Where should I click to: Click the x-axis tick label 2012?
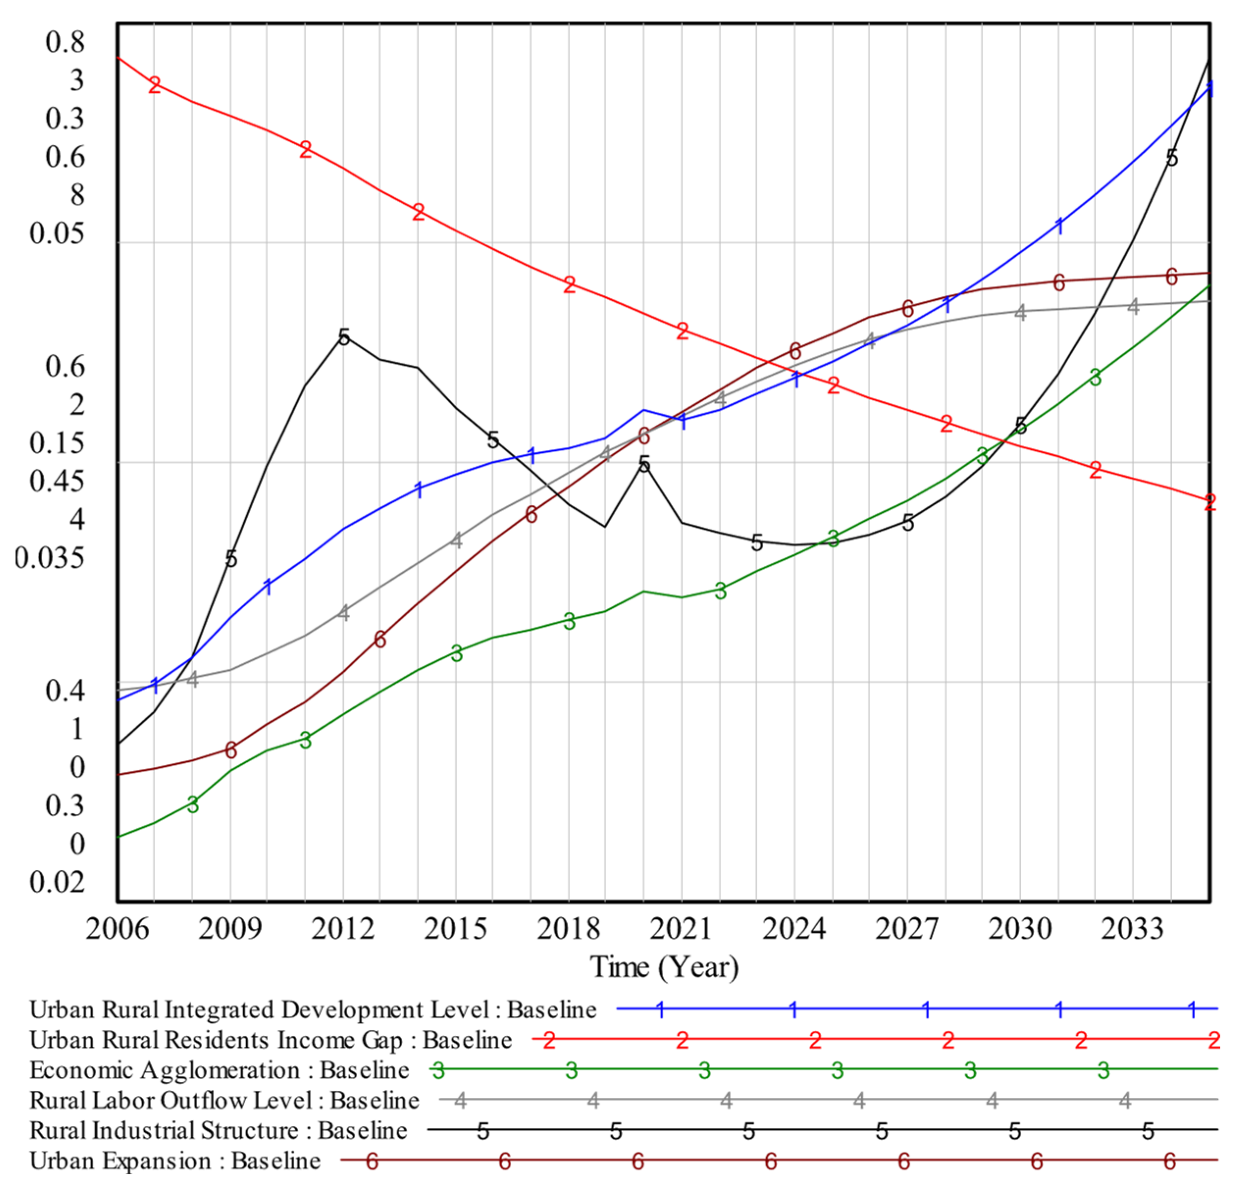pos(342,929)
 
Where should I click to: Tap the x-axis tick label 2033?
pos(1132,929)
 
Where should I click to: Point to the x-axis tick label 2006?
pos(117,929)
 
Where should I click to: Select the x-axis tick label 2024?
pos(794,929)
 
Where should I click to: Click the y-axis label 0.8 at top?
pos(64,42)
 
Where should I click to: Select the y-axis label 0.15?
pos(57,443)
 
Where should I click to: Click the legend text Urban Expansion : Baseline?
pos(175,1161)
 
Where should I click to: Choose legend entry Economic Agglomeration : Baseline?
pos(219,1070)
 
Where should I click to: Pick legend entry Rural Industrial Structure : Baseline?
pos(218,1131)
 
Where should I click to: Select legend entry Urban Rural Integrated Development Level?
pos(313,1009)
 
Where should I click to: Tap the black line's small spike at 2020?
pos(643,465)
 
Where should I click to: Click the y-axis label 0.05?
pos(57,233)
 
